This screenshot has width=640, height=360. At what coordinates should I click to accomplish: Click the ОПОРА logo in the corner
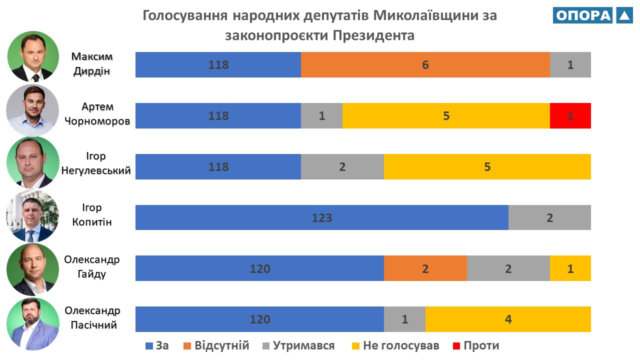click(x=592, y=15)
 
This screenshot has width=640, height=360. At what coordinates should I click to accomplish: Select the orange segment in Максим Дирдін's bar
click(x=425, y=64)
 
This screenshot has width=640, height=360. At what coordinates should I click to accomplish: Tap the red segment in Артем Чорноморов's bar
click(x=570, y=116)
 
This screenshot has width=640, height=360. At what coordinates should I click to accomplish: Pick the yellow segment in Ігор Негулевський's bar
click(x=487, y=166)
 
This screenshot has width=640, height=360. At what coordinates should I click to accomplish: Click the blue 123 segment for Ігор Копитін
click(x=322, y=217)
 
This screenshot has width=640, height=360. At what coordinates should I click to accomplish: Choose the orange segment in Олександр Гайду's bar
click(x=425, y=268)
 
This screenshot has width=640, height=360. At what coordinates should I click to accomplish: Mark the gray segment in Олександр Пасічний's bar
click(x=404, y=319)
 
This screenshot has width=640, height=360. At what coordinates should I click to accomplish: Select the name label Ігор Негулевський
click(x=96, y=163)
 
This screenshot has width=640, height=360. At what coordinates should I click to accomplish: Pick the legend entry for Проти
click(x=475, y=345)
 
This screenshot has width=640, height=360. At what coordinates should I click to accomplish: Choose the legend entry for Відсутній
click(x=216, y=345)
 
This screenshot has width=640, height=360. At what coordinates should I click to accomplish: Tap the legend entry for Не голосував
click(x=395, y=345)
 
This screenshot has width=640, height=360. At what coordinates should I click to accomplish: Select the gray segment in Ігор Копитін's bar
click(x=549, y=217)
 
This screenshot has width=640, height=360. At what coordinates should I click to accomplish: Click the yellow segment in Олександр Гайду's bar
click(x=570, y=268)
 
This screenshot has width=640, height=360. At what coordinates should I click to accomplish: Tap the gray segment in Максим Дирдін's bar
click(x=570, y=64)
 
